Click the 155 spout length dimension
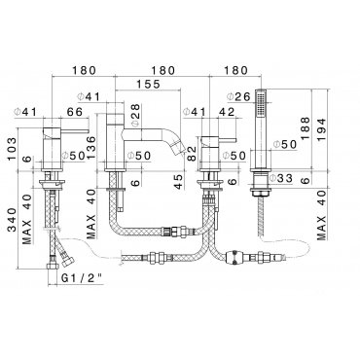[148, 85]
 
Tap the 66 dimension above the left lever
[75, 112]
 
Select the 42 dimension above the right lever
[227, 112]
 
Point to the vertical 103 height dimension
[11, 149]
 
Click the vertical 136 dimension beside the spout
[91, 147]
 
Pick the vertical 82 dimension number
[192, 154]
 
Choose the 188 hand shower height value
[305, 128]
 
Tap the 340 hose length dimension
[12, 220]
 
